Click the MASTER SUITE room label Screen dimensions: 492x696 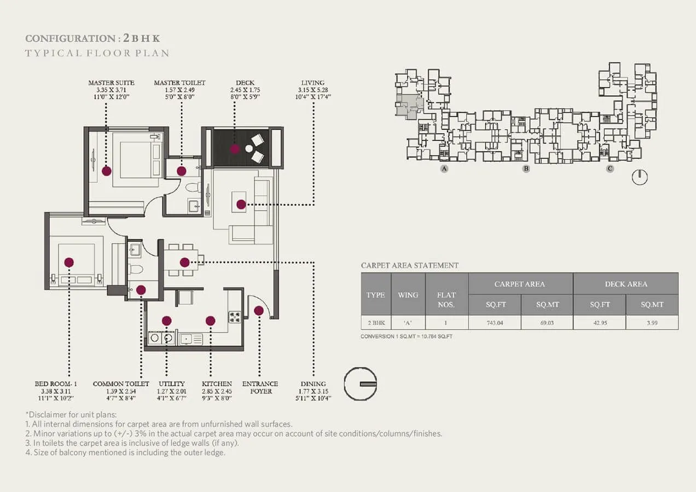click(111, 83)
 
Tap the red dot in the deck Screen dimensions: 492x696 click(234, 148)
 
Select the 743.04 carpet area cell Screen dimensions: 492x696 click(494, 322)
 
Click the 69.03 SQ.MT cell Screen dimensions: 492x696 click(547, 322)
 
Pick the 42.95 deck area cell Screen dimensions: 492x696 click(599, 322)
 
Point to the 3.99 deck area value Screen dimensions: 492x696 click(652, 322)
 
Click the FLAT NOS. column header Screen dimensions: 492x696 click(446, 300)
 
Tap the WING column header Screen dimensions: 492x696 click(408, 294)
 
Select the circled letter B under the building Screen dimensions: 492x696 click(526, 169)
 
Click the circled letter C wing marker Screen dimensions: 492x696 click(610, 169)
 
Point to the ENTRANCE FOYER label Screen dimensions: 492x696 click(260, 387)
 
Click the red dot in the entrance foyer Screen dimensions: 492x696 click(259, 311)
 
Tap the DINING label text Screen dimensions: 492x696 click(313, 384)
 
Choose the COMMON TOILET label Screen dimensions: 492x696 click(121, 384)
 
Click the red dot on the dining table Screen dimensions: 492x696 click(185, 262)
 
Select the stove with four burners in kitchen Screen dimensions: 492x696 click(235, 316)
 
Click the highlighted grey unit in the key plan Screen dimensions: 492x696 click(405, 105)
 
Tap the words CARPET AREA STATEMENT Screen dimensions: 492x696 click(410, 265)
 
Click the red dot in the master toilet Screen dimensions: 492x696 click(182, 171)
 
